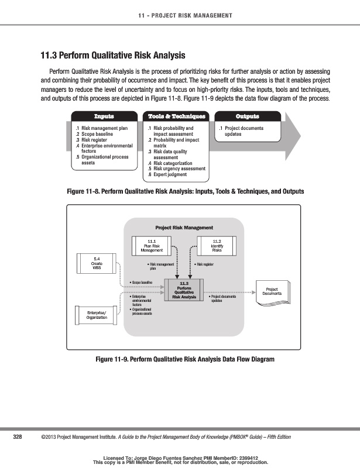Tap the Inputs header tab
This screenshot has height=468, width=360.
104,116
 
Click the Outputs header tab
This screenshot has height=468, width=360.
247,116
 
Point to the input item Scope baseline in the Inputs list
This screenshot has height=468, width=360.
98,134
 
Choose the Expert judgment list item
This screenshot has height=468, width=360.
170,174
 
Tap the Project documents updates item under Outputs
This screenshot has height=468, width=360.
243,131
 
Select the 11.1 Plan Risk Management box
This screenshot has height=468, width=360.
151,245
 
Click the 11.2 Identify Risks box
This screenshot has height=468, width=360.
216,245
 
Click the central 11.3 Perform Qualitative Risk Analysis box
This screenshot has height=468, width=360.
184,290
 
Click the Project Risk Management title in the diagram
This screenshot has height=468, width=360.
184,228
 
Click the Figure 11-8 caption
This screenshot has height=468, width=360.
186,191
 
